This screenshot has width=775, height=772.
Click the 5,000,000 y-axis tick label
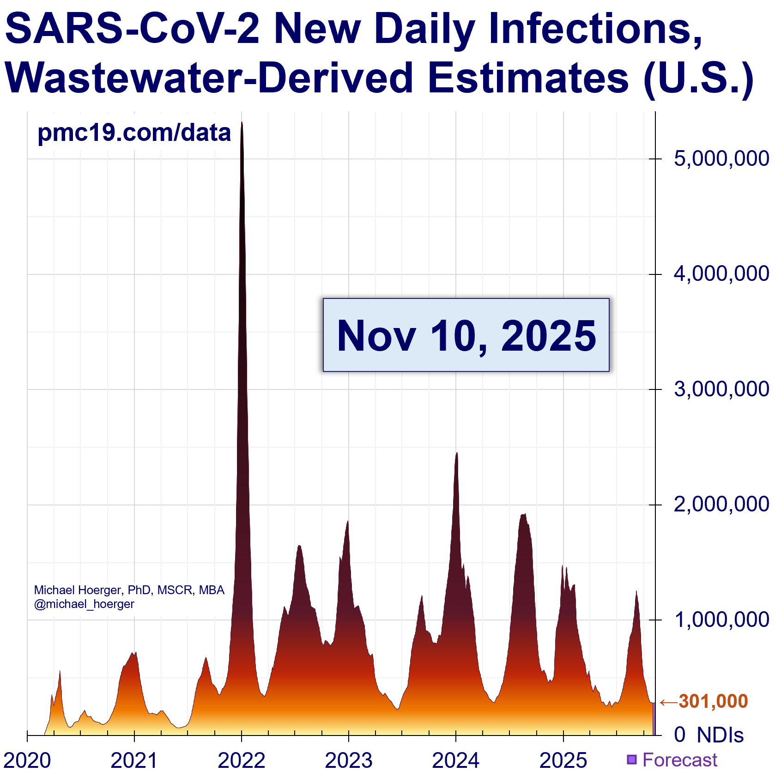click(x=721, y=158)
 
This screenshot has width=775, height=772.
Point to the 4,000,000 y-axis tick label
click(x=721, y=274)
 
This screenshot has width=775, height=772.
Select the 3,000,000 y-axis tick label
click(x=721, y=389)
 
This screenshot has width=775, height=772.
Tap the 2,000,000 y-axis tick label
click(x=721, y=504)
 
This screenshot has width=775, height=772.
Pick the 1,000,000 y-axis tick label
click(x=721, y=620)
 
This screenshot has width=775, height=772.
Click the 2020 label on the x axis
click(x=27, y=760)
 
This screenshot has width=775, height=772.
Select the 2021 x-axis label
click(x=134, y=760)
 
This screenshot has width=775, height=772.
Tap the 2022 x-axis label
click(x=242, y=760)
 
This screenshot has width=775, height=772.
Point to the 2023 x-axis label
click(x=349, y=760)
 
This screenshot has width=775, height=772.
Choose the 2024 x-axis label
click(x=456, y=760)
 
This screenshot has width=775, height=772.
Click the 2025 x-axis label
click(x=563, y=760)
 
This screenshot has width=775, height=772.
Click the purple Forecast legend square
click(x=632, y=759)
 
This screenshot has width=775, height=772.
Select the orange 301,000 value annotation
click(x=713, y=701)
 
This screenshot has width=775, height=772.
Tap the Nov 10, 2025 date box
click(x=466, y=335)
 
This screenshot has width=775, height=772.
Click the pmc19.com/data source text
click(x=134, y=133)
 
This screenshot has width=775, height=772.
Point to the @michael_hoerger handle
click(x=84, y=604)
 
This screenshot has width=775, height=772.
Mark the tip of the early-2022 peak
click(x=242, y=122)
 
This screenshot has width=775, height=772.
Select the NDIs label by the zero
click(x=720, y=735)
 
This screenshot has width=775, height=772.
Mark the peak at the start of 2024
click(x=457, y=453)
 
